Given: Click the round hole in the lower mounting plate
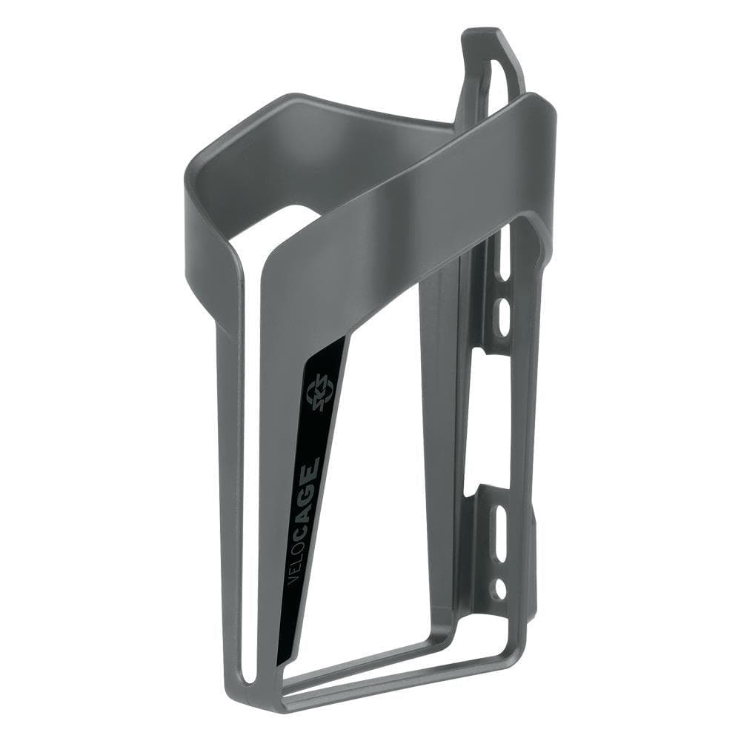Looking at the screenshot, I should tap(501, 590).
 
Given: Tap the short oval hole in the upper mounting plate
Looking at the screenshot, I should tap(503, 314).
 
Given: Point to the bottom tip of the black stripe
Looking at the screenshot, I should tap(280, 663).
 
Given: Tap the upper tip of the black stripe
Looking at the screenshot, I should tap(345, 337).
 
